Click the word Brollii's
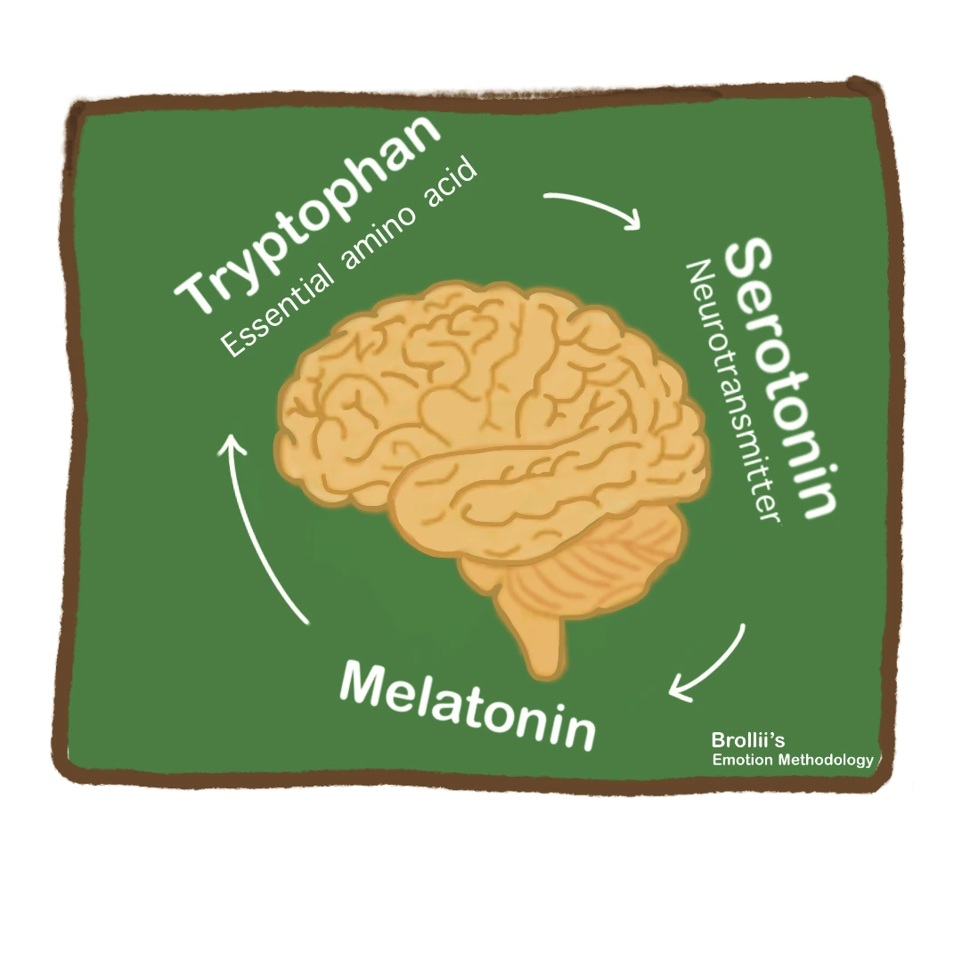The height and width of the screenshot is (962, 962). (x=747, y=740)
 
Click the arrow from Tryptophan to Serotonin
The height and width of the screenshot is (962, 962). (x=592, y=208)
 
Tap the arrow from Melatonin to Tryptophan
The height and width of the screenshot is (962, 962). (x=258, y=526)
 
